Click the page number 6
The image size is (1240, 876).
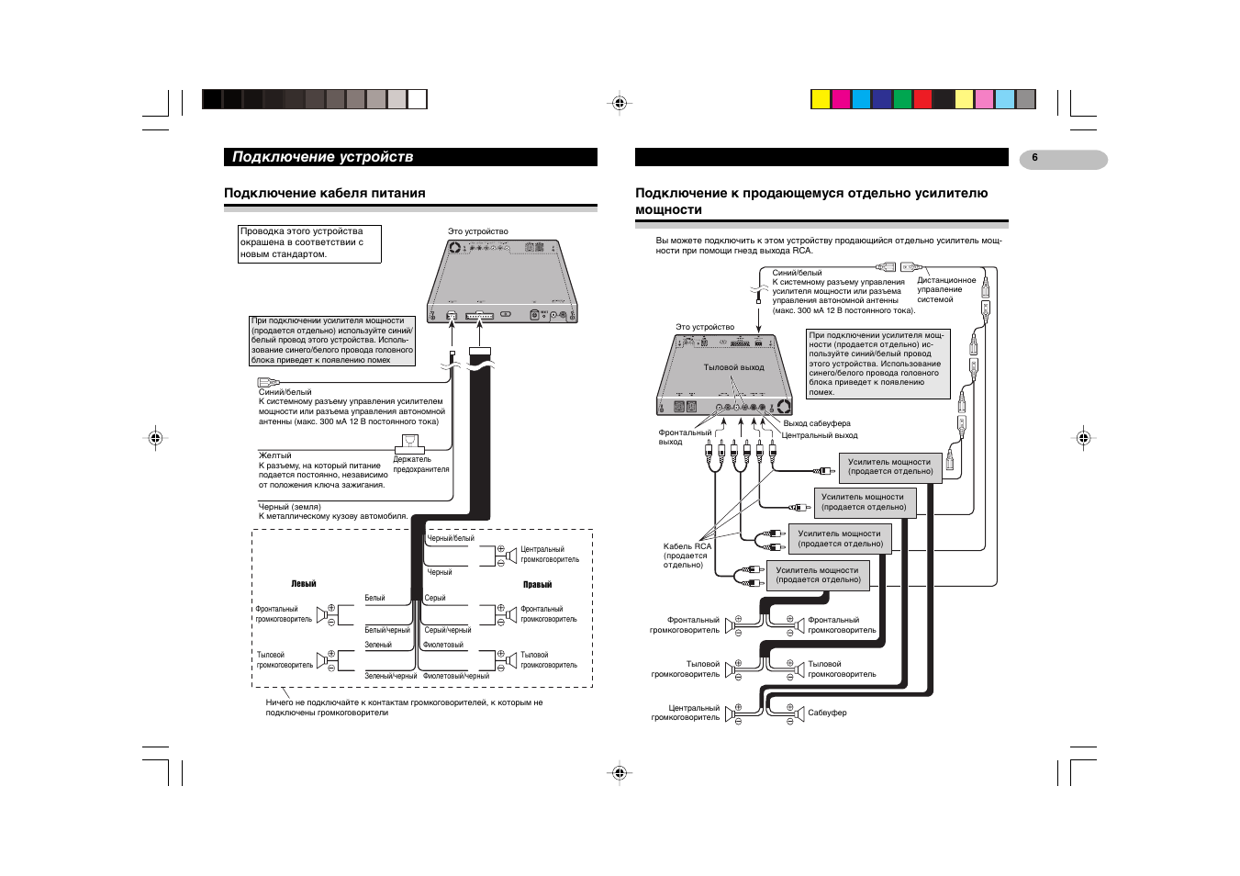1034,158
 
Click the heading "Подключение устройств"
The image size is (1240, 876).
322,157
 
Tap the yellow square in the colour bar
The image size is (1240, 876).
821,99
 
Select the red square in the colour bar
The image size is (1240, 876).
922,99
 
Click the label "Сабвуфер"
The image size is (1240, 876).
827,713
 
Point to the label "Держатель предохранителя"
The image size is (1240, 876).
420,465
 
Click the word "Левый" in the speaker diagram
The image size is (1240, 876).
304,584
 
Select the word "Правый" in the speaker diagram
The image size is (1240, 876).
537,585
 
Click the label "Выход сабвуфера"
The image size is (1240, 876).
816,423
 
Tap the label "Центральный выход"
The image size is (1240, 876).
819,435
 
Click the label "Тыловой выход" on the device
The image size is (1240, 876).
733,367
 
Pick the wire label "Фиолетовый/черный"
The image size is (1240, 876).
456,676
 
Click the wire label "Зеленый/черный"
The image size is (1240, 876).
390,676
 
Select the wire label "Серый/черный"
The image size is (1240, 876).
448,630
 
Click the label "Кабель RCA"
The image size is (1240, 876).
687,546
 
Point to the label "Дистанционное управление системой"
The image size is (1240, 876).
945,290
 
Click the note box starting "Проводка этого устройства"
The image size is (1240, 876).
309,243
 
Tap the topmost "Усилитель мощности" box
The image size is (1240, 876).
889,467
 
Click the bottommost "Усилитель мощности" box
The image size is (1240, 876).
818,575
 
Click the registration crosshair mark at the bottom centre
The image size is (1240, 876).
620,773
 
